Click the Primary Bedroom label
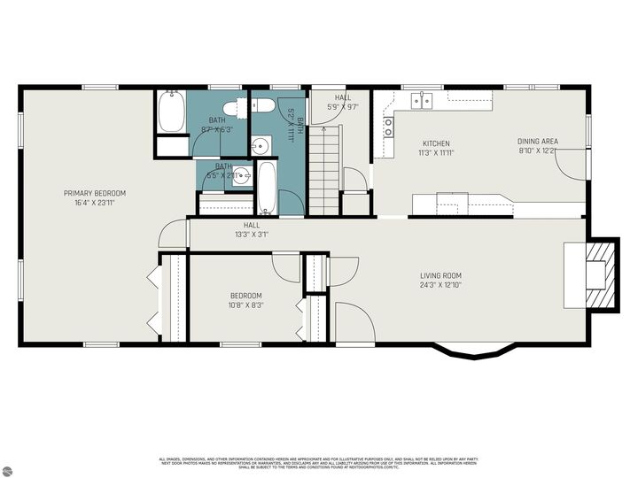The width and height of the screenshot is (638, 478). [x=94, y=193]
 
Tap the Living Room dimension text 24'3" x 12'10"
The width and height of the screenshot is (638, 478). [x=440, y=285]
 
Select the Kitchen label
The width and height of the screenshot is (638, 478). [x=435, y=143]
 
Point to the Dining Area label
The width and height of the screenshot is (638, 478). [x=538, y=142]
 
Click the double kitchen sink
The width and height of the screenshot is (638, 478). [x=423, y=101]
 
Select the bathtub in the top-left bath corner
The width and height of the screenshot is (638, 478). [x=170, y=112]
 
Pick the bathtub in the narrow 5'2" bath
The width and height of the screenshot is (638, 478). [x=266, y=188]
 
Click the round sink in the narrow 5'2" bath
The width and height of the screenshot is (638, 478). [x=262, y=146]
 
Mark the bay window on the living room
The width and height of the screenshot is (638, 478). [x=475, y=352]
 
